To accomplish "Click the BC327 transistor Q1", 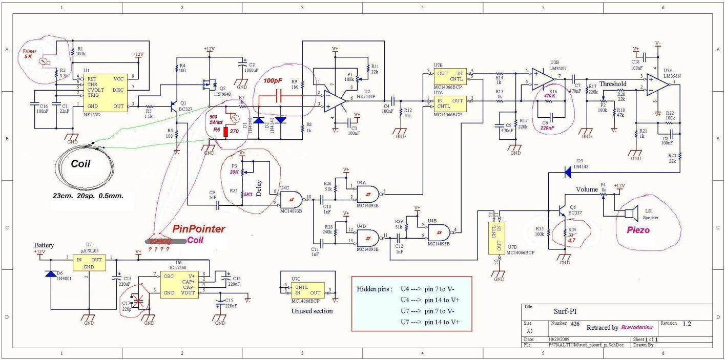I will pyautogui.click(x=173, y=107).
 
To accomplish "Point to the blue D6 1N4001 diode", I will pyautogui.click(x=51, y=274).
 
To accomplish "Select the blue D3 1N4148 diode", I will pyautogui.click(x=567, y=173).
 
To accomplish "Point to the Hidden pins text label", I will pyautogui.click(x=375, y=289).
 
